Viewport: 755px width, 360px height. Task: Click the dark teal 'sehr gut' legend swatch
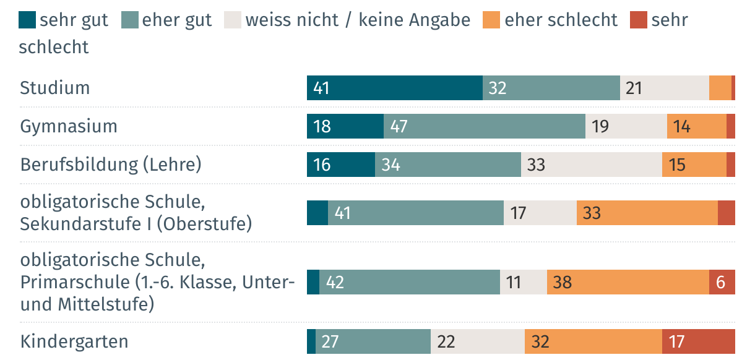28,20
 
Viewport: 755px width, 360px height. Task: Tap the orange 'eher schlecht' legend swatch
493,20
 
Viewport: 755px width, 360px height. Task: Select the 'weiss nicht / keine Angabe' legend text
358,20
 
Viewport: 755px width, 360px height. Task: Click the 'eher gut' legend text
177,20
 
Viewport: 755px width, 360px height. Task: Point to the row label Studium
55,88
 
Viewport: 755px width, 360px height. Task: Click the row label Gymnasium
69,127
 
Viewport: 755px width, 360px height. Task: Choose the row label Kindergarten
74,341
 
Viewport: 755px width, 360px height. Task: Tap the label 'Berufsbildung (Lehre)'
111,165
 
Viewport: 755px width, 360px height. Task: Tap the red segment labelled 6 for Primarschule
722,282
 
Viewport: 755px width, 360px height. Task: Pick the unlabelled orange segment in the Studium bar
720,88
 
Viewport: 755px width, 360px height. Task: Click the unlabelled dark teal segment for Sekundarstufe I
317,213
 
